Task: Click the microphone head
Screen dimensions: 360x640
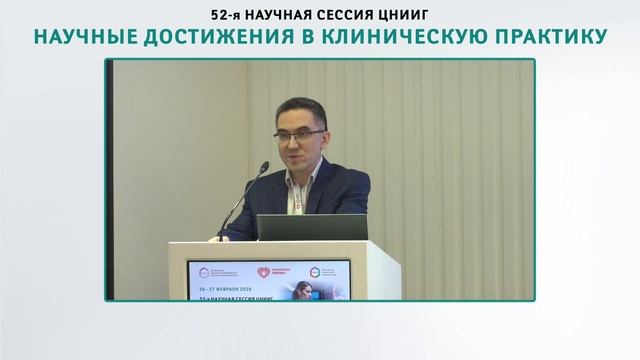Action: click(x=263, y=168)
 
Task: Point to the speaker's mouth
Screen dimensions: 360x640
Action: click(x=295, y=158)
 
